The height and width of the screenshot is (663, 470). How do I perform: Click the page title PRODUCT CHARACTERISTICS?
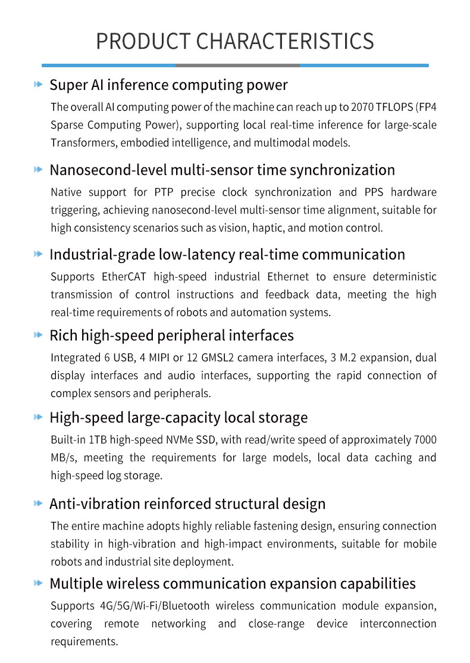tap(235, 41)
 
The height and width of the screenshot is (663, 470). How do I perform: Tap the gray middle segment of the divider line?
tap(237, 65)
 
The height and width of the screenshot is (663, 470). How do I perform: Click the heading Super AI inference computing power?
tap(168, 85)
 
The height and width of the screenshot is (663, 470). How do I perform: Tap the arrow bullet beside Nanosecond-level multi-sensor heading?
tap(39, 170)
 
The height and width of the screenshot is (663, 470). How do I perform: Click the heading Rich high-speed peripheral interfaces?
tap(171, 336)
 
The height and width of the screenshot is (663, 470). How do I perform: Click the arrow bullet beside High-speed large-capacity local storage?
tap(39, 418)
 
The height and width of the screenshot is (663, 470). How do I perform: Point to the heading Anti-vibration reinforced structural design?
tap(187, 504)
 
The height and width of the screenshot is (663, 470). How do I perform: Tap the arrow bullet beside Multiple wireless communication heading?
tap(39, 583)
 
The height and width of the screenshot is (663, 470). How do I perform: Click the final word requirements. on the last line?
tap(84, 642)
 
